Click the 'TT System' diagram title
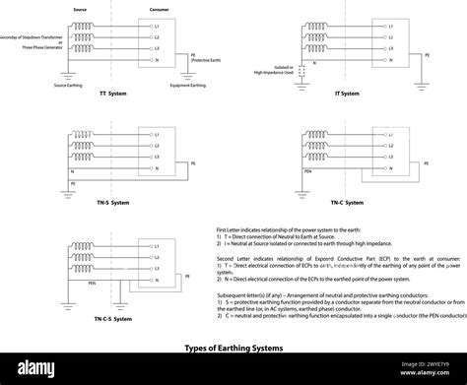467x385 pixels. (x=112, y=94)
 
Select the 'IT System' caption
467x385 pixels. (x=347, y=94)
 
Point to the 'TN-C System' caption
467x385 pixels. (x=347, y=203)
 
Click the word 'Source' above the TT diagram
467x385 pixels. (x=79, y=8)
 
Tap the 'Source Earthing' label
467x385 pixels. (x=68, y=85)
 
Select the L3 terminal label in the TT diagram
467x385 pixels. (x=155, y=47)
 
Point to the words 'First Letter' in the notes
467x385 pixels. (x=229, y=228)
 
